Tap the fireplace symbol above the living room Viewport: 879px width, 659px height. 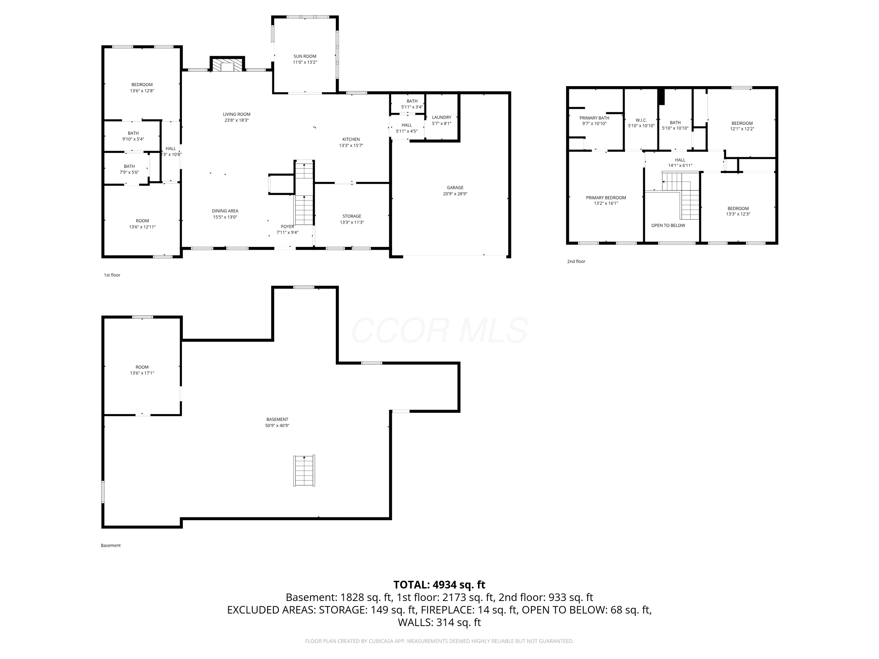(x=227, y=65)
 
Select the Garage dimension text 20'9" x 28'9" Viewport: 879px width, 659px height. (x=455, y=194)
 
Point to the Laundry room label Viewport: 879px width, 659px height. (x=442, y=117)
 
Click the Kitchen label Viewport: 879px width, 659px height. (x=351, y=139)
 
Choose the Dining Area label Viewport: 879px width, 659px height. (x=225, y=211)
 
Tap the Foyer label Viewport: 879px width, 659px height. (x=287, y=226)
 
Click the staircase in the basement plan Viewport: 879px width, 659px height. (x=304, y=470)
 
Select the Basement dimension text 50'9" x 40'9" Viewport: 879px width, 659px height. (x=277, y=426)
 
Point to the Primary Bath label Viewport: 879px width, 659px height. (x=594, y=118)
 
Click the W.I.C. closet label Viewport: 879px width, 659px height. (x=641, y=120)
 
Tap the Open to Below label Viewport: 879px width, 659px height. (x=668, y=225)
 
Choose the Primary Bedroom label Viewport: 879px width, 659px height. (x=606, y=197)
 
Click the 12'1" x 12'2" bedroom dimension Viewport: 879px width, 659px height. (x=742, y=129)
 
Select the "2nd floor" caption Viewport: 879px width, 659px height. (x=576, y=261)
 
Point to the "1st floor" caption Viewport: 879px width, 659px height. (x=112, y=275)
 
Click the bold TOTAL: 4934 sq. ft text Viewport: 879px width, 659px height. (x=439, y=585)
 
